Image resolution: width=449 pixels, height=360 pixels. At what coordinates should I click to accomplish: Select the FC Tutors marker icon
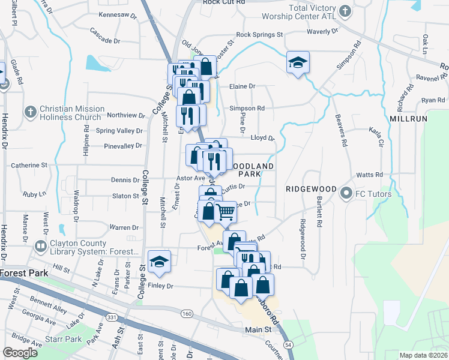pos(346,194)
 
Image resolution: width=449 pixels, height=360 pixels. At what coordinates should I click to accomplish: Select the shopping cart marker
pos(225,212)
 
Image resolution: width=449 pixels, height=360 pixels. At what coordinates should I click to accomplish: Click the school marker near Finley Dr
pos(159,262)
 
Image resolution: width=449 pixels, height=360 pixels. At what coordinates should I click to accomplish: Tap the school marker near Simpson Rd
pos(297,63)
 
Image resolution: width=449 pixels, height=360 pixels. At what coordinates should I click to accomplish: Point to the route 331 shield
pos(111,316)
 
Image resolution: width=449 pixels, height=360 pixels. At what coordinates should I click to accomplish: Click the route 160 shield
pos(187,313)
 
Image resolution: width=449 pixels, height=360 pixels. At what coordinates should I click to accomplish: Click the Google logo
pos(20,352)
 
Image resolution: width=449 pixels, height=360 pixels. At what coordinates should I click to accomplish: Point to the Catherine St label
pos(29,164)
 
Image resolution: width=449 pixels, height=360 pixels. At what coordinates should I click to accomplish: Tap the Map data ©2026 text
pos(423,355)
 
